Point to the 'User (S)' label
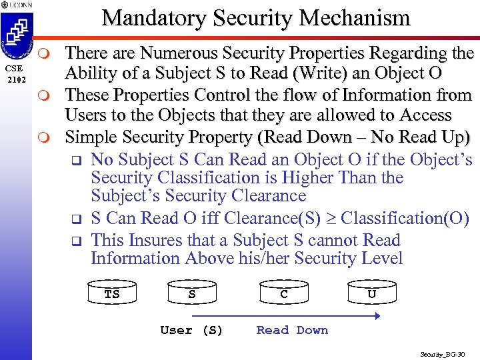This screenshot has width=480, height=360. (x=191, y=330)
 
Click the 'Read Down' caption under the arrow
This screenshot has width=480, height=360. (x=292, y=330)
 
